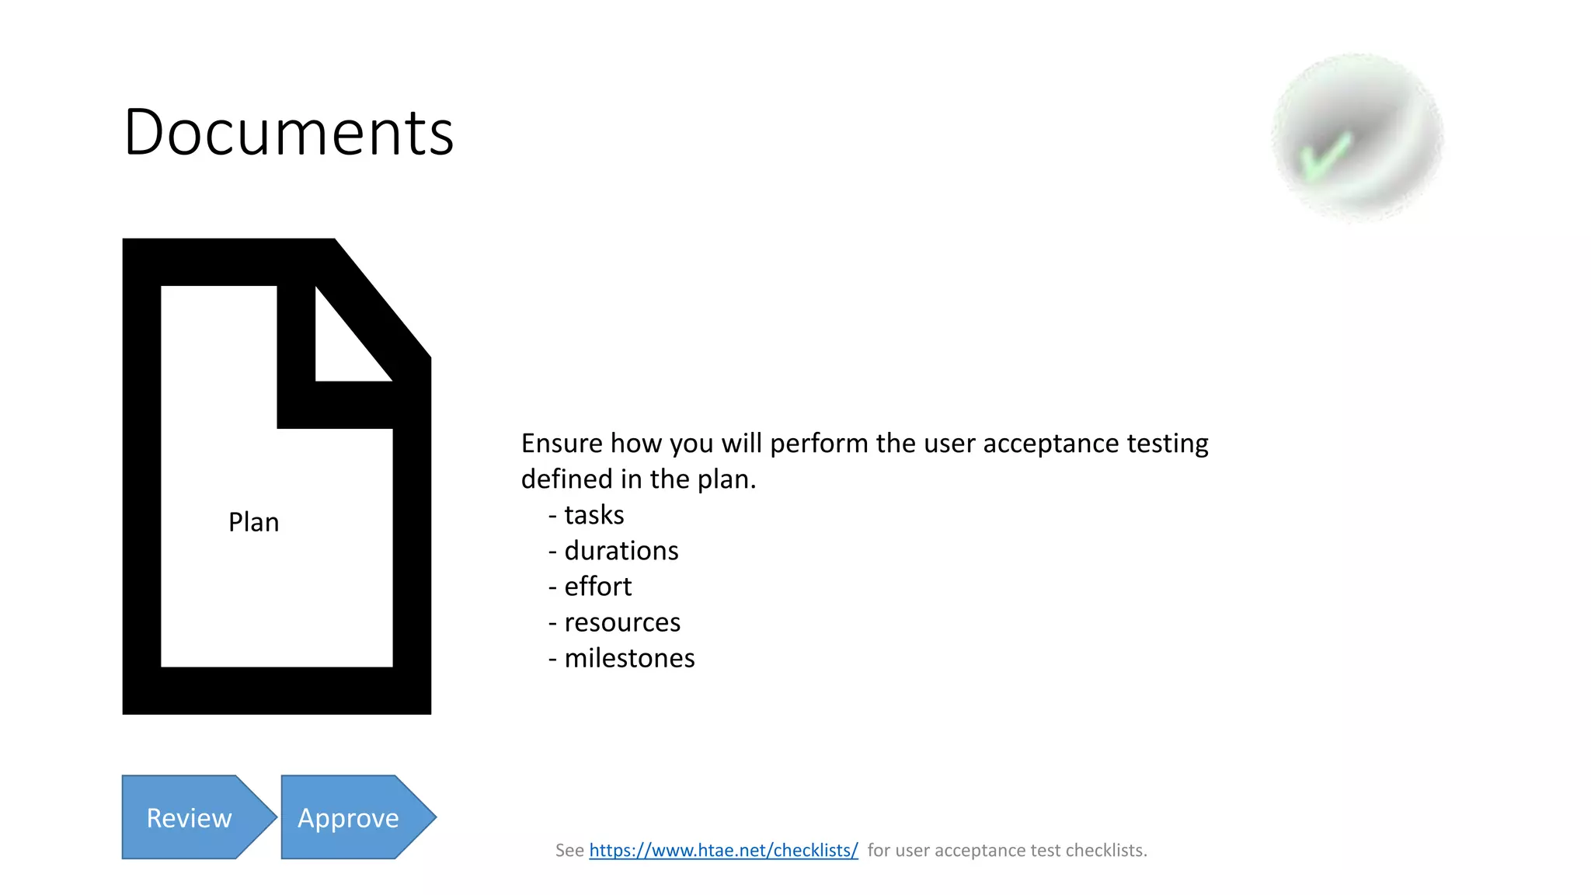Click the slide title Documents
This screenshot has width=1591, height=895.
288,133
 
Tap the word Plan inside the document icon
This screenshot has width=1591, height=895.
253,522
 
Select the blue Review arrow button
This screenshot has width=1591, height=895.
190,817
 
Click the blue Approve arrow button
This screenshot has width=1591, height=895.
349,817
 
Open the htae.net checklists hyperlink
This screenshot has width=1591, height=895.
723,850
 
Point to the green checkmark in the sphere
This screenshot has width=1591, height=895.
1325,155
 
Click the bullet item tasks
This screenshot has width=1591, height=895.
594,515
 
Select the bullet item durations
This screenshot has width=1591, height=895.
621,551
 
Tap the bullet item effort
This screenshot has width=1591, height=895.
597,587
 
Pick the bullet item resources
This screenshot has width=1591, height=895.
621,622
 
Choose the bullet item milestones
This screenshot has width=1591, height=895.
628,658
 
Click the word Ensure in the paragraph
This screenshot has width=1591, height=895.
562,444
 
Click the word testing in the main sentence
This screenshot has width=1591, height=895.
1168,444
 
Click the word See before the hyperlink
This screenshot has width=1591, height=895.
569,851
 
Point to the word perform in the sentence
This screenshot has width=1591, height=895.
819,444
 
